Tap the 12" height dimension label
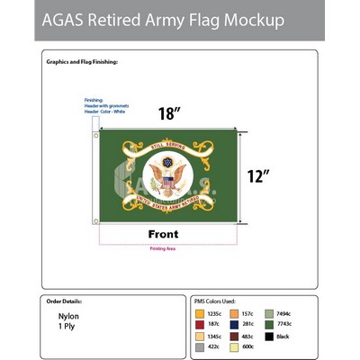(x=260, y=175)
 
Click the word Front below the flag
(x=168, y=234)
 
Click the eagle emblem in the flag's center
(x=167, y=177)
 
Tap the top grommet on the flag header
(x=95, y=137)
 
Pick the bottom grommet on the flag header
(x=95, y=219)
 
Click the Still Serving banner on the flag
(x=167, y=143)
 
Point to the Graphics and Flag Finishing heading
(x=82, y=61)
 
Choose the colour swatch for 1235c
(x=201, y=314)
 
